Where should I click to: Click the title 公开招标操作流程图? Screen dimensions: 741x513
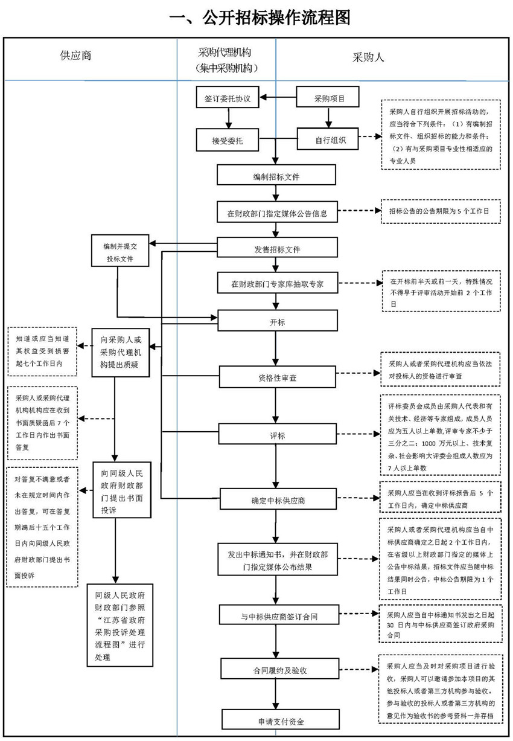pos(260,18)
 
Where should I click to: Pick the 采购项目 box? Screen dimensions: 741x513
pos(329,98)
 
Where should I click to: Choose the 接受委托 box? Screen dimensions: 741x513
pos(227,140)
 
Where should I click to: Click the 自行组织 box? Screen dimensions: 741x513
pos(329,140)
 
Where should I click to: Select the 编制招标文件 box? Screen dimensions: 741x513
pos(276,176)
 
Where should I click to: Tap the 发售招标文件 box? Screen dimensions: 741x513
pos(276,248)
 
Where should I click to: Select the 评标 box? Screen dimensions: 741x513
pos(276,434)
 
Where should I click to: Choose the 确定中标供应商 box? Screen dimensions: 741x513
pos(276,500)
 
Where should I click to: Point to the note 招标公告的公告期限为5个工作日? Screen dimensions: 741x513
pos(440,212)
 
